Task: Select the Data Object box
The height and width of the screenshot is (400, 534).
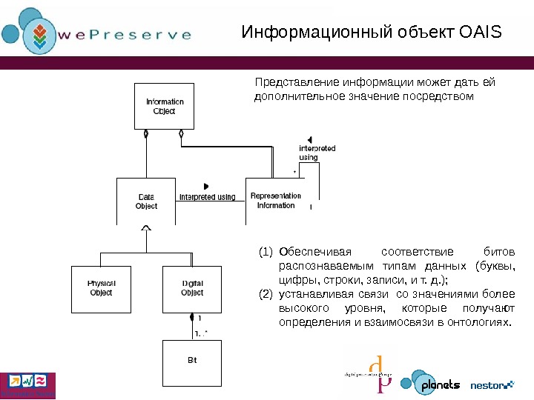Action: pyautogui.click(x=146, y=201)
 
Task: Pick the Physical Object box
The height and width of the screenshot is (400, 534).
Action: pyautogui.click(x=101, y=288)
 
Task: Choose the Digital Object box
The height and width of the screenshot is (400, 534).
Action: pyautogui.click(x=192, y=288)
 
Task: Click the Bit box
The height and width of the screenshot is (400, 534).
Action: pyautogui.click(x=191, y=361)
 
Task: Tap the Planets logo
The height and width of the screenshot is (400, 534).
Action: pyautogui.click(x=431, y=384)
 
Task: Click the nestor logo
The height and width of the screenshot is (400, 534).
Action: pyautogui.click(x=492, y=384)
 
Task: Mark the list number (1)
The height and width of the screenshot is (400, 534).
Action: pyautogui.click(x=266, y=252)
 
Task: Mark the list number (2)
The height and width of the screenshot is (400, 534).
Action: pyautogui.click(x=266, y=294)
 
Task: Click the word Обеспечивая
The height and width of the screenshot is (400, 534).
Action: pyautogui.click(x=314, y=252)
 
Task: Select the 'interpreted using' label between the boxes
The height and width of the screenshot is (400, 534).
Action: pyautogui.click(x=207, y=197)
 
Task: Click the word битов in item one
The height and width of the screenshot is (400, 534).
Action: pyautogui.click(x=498, y=252)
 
